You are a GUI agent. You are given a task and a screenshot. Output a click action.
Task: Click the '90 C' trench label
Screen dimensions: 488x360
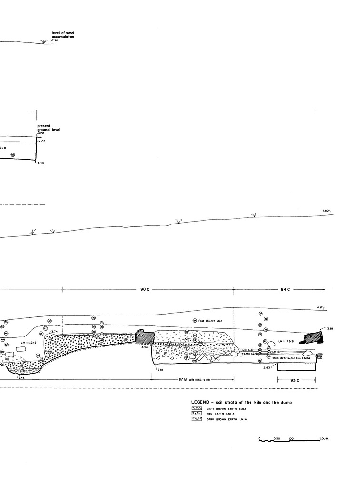coord(145,289)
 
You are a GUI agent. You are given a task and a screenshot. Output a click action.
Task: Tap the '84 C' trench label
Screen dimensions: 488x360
coord(286,289)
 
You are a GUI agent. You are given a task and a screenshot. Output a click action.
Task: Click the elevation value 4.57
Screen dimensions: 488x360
coord(320,307)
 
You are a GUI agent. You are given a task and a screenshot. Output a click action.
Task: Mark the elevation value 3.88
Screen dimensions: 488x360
coord(330,328)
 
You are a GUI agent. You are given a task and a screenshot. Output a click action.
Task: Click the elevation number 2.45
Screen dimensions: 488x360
coord(21,377)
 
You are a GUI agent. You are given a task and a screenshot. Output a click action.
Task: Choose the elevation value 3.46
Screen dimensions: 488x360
coord(41,163)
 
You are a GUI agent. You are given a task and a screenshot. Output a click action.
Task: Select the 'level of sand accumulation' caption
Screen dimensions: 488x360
coord(63,35)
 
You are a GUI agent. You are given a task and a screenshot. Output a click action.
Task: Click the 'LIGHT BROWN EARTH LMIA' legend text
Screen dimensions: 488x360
coord(227,409)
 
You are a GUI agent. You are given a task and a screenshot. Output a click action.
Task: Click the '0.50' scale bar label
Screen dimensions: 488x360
coord(277,438)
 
